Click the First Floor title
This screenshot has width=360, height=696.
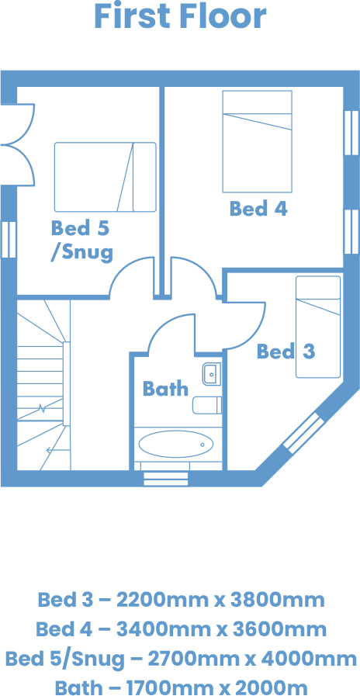click(x=180, y=16)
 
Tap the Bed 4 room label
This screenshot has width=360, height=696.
click(x=258, y=209)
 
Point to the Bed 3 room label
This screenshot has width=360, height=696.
click(x=286, y=351)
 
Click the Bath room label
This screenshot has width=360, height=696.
click(x=165, y=389)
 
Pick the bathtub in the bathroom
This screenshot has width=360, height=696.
click(x=176, y=444)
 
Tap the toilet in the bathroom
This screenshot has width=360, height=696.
click(x=207, y=405)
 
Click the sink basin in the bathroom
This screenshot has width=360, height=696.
click(x=212, y=374)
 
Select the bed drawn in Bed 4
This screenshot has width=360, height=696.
click(x=258, y=141)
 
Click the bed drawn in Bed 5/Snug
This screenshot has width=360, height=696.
click(x=106, y=177)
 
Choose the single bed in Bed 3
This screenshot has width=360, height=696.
click(x=318, y=327)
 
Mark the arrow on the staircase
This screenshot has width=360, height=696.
click(x=58, y=451)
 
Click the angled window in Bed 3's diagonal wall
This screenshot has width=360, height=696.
click(x=303, y=433)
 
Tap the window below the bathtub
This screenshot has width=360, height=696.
click(x=166, y=479)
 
